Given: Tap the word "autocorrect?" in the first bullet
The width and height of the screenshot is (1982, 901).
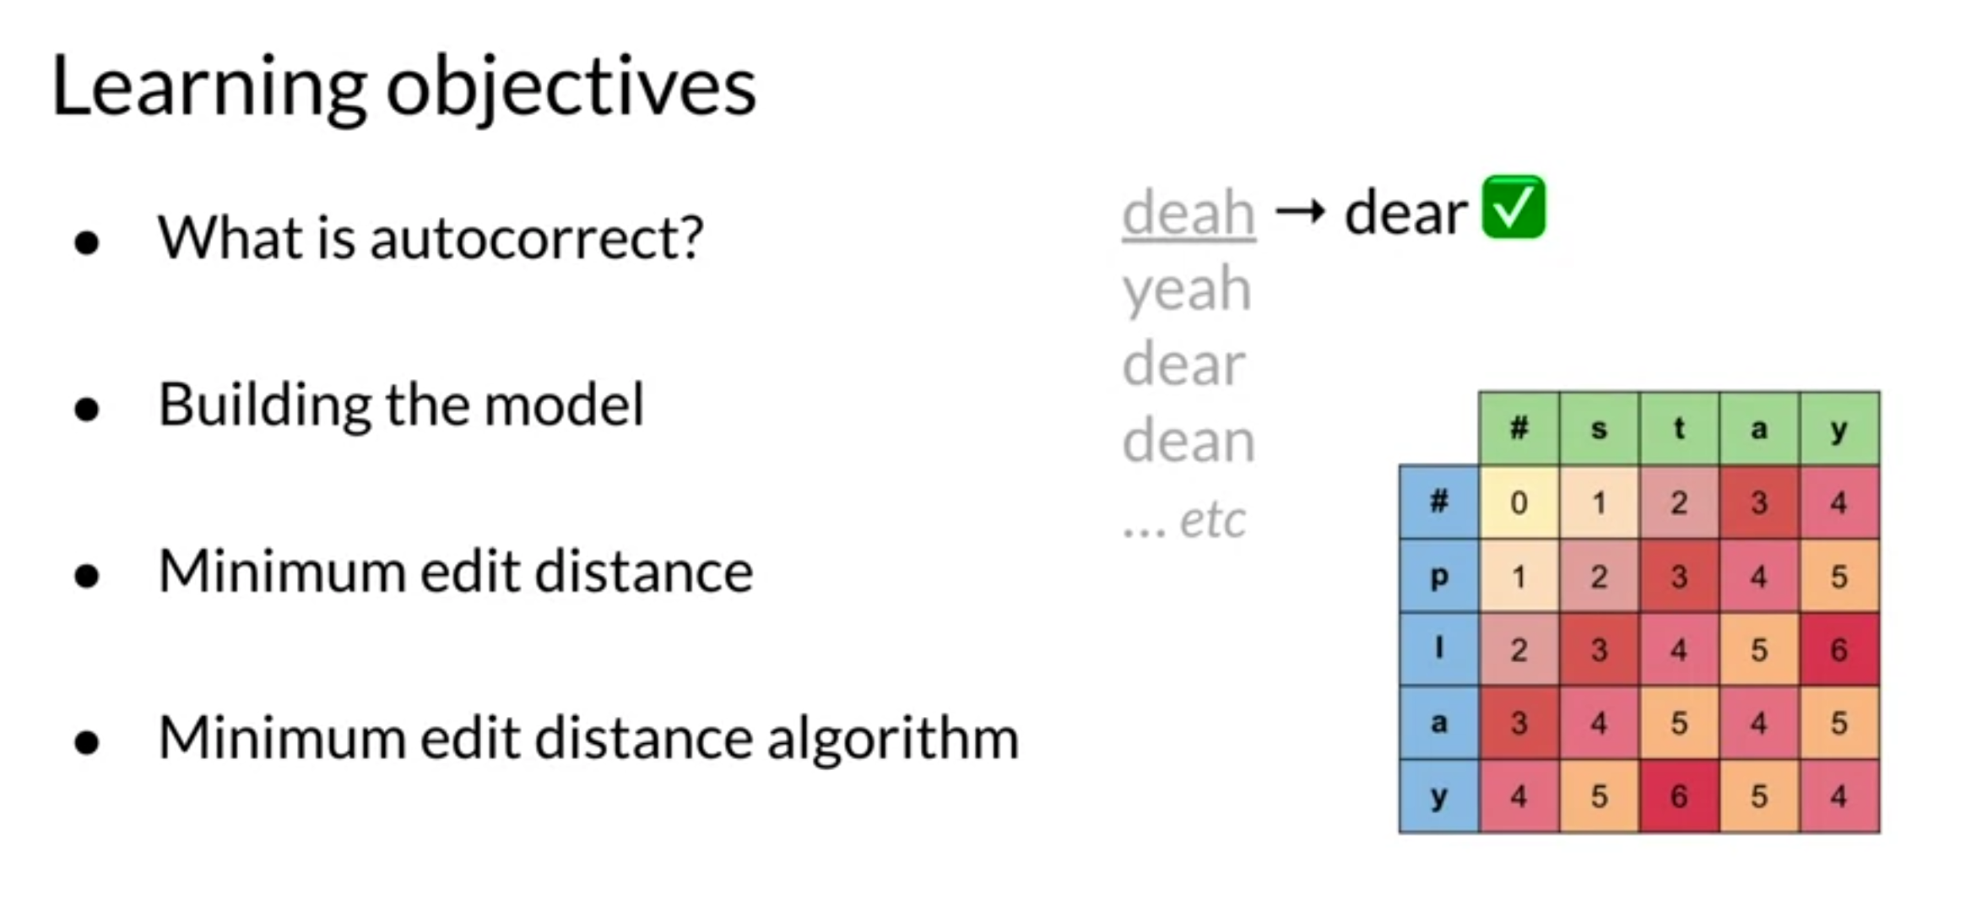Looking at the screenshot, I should (536, 238).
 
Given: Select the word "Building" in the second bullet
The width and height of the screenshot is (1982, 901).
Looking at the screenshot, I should (263, 405).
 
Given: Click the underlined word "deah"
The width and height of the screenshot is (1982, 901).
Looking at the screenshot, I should (1188, 213).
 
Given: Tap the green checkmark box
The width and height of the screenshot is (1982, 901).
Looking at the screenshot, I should (1514, 208).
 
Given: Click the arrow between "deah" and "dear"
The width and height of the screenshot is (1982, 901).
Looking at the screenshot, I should (1300, 211).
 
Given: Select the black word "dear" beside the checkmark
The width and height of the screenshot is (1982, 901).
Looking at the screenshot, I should (1405, 213).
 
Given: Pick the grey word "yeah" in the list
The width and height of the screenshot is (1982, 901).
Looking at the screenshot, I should (1186, 290).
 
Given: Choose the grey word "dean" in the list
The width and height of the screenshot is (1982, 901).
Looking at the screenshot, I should (1188, 442).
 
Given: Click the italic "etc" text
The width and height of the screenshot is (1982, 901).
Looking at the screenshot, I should (1212, 519).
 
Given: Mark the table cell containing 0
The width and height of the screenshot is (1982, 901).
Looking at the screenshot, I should (1519, 503).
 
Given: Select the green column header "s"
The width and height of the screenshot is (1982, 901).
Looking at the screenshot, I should (1599, 429).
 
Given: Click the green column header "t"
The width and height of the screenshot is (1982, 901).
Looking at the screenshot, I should (1679, 429).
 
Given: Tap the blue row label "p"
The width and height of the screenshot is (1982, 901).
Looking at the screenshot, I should (1438, 577).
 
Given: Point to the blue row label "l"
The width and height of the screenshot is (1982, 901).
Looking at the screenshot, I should (1438, 649).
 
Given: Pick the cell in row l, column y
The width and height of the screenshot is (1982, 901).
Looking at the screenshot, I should (1839, 649).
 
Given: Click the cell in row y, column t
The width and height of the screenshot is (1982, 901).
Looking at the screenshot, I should (1679, 796).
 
